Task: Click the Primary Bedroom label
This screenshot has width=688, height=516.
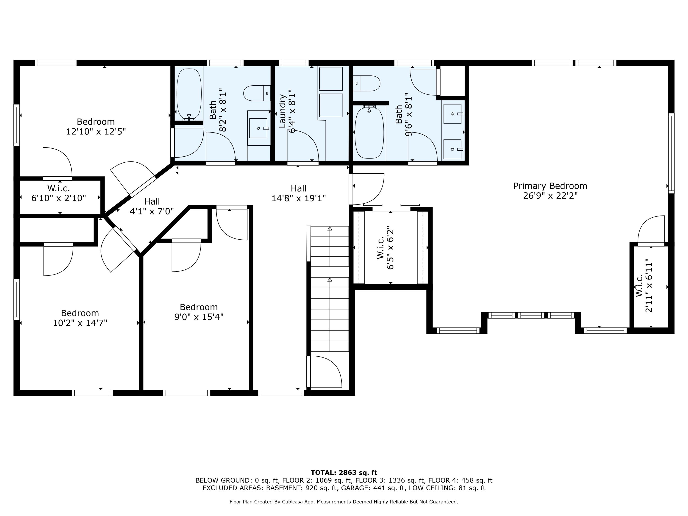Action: [x=550, y=186]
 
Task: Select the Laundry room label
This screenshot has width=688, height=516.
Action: [x=282, y=111]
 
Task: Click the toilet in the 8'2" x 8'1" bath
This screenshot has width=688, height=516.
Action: [x=257, y=93]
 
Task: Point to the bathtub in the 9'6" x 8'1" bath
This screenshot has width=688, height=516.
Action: [x=369, y=133]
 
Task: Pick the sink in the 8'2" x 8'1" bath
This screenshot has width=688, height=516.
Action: [x=258, y=128]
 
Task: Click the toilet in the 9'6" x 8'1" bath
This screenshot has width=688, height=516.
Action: [x=367, y=83]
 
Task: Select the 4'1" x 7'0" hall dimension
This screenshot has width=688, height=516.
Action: [x=152, y=211]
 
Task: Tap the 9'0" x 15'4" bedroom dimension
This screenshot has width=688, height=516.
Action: [x=199, y=317]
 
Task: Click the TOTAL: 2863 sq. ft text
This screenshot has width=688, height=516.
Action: [x=344, y=473]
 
